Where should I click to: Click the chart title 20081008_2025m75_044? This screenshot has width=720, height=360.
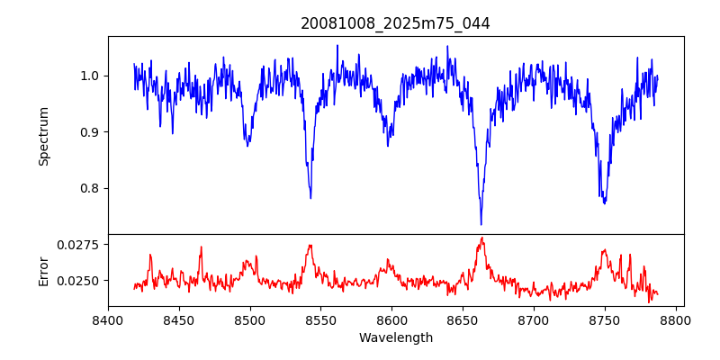click(x=395, y=23)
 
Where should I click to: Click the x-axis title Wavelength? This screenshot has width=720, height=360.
click(x=395, y=338)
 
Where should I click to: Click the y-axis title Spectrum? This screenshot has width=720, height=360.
click(x=44, y=136)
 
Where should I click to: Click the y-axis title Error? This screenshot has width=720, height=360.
click(x=44, y=270)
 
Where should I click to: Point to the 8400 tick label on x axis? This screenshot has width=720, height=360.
click(x=108, y=319)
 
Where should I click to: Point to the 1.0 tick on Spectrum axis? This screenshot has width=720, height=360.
click(x=91, y=76)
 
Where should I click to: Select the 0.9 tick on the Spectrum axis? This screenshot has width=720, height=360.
click(x=91, y=132)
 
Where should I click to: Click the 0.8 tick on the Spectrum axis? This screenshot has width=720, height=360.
click(x=91, y=189)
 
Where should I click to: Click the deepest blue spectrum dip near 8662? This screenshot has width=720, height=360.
click(x=481, y=224)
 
